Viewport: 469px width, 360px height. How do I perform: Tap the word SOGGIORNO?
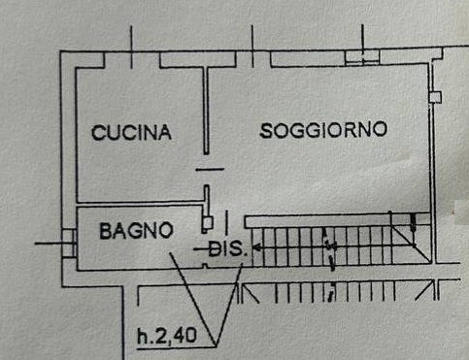(323, 130)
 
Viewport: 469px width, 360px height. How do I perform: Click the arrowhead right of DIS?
(258, 248)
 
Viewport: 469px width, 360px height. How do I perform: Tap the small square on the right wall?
(436, 97)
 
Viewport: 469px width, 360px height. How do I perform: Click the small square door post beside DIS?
(205, 222)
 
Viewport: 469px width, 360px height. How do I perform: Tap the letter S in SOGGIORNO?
(265, 130)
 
